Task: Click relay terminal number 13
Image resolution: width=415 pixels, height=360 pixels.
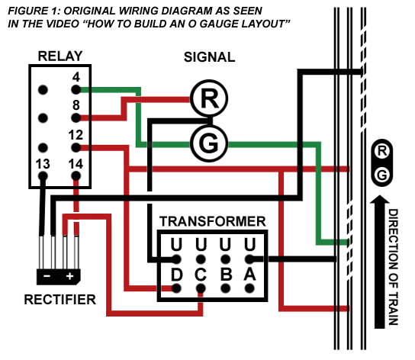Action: click(43, 162)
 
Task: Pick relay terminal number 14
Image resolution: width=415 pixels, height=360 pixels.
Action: click(76, 162)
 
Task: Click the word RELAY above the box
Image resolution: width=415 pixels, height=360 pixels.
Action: click(60, 56)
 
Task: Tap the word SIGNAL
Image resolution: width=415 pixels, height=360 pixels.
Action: click(209, 58)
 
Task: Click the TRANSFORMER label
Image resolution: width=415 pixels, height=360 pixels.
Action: click(212, 222)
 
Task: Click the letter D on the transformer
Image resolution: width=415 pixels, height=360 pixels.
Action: click(177, 273)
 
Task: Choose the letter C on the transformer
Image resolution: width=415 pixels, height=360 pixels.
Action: click(201, 273)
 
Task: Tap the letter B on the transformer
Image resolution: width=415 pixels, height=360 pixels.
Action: click(225, 273)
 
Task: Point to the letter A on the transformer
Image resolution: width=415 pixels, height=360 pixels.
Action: click(249, 273)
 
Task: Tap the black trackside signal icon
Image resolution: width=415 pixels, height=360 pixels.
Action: click(382, 163)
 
